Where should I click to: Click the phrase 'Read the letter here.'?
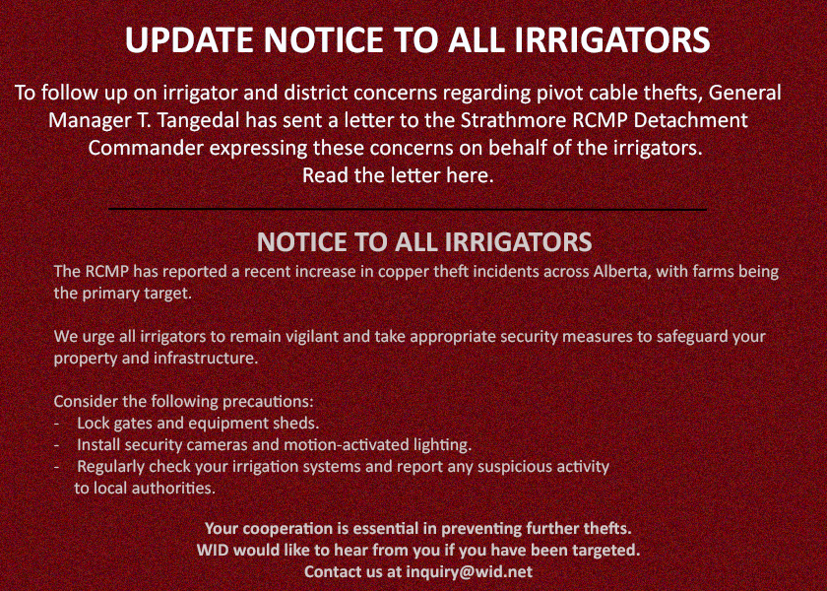pos(398,175)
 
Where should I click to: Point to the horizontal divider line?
pos(408,210)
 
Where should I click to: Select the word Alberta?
pos(621,272)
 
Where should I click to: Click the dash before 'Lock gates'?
pos(56,424)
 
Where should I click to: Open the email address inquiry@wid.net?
pos(469,571)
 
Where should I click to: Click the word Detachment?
pos(691,120)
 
